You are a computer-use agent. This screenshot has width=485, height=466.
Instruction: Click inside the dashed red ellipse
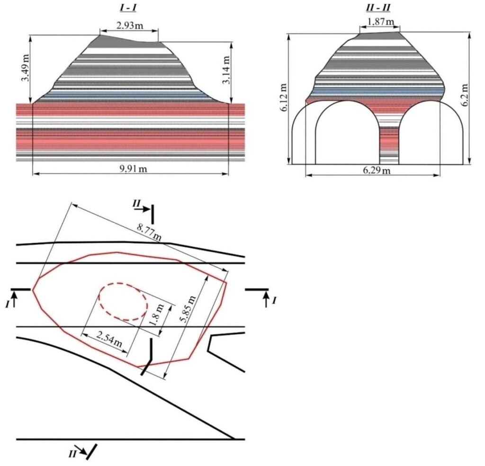coord(123,303)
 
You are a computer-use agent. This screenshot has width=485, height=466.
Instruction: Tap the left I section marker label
coord(8,304)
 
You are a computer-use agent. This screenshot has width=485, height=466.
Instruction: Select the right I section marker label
coord(274,301)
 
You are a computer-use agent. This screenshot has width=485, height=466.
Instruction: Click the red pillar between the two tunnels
coord(389,142)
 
